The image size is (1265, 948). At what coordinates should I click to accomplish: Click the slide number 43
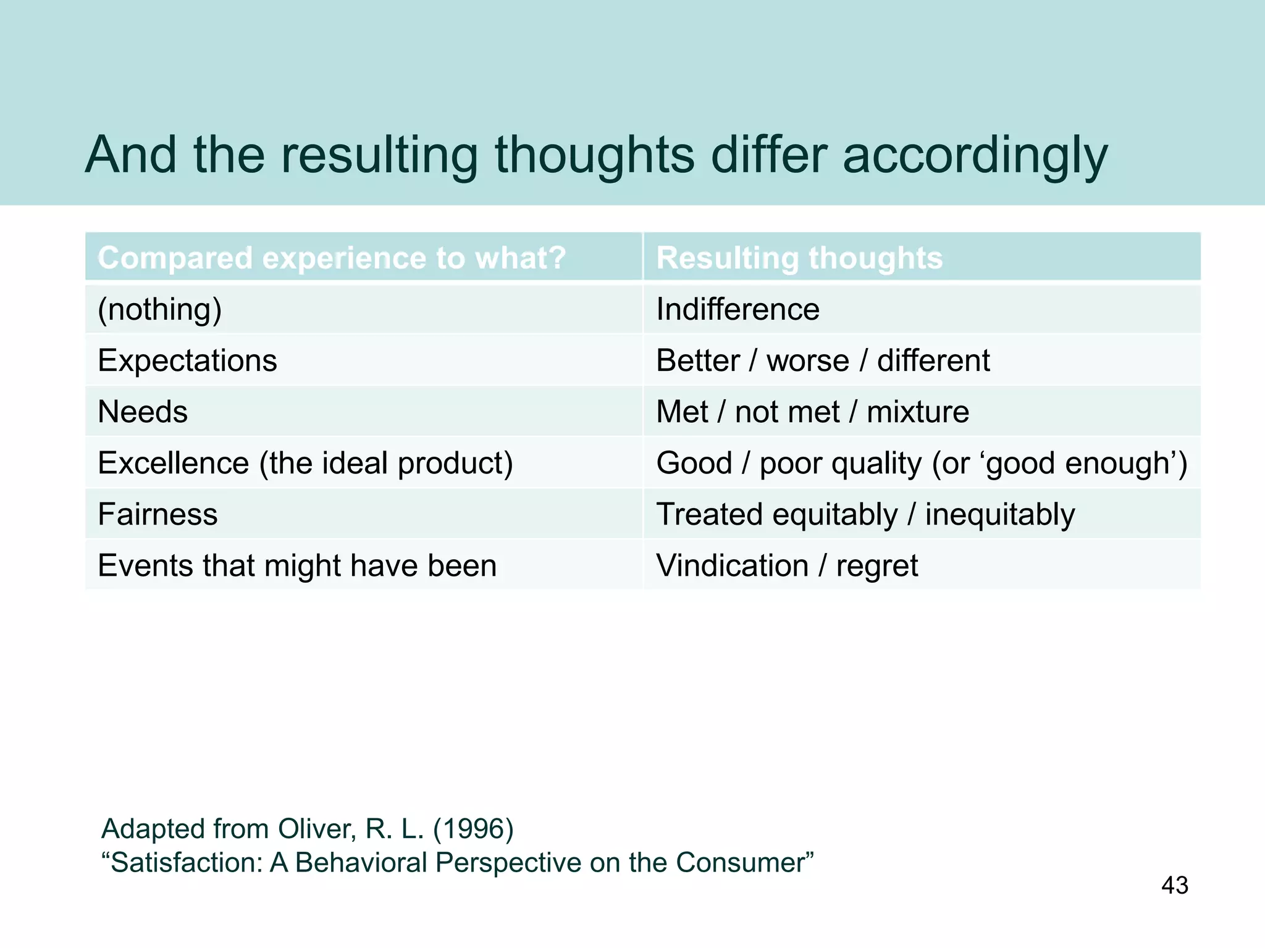(x=1174, y=885)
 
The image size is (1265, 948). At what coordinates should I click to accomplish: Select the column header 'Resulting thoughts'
(x=799, y=257)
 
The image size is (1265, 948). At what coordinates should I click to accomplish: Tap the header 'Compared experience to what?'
(x=332, y=257)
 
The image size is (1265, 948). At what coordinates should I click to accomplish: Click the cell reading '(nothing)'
(x=159, y=309)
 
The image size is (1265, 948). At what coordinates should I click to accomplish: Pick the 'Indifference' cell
(x=738, y=309)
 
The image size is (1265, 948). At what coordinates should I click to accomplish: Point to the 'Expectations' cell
(x=187, y=360)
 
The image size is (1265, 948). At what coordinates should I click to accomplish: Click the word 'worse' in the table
(x=807, y=360)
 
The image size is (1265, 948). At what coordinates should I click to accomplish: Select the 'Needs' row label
(x=143, y=412)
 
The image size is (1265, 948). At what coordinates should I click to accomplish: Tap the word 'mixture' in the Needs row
(x=917, y=412)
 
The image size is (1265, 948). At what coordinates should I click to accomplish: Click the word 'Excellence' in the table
(x=173, y=463)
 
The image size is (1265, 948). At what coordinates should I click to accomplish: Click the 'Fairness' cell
(x=158, y=514)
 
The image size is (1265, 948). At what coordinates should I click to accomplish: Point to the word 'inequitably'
(x=999, y=515)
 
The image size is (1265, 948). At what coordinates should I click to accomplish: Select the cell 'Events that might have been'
(x=297, y=565)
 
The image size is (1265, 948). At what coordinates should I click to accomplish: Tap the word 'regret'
(x=876, y=566)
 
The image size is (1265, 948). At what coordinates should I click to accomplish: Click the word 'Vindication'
(x=732, y=565)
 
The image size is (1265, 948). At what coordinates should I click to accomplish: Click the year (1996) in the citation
(x=473, y=829)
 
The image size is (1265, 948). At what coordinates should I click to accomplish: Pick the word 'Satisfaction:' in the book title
(x=188, y=863)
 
